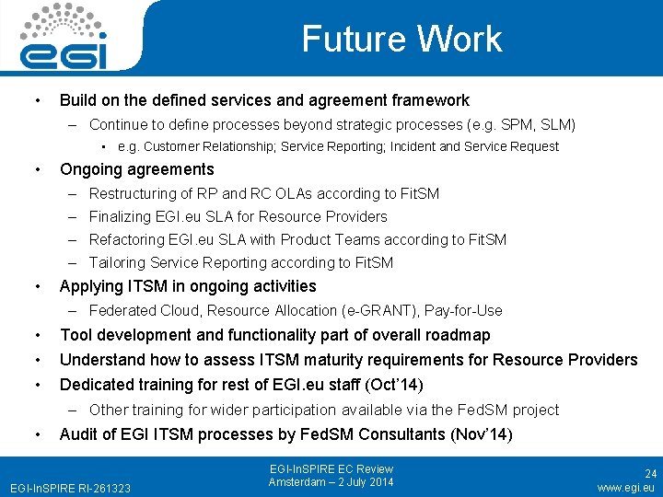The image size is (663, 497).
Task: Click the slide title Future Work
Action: pos(401,39)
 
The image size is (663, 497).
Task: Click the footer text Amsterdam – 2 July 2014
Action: pos(331,482)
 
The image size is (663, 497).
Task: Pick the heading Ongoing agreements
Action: pos(136,169)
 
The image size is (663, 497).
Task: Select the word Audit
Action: pos(79,434)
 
